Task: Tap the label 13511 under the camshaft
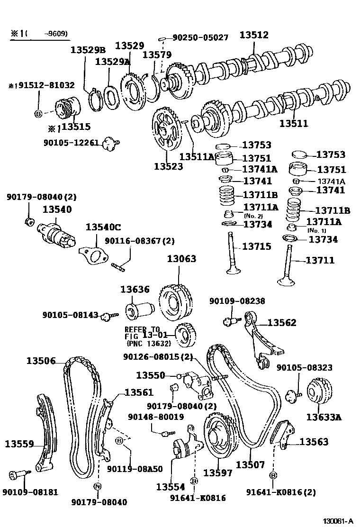[x=293, y=124]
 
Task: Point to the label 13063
[x=181, y=259]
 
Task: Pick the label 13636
[x=135, y=289]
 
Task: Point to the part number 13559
[x=19, y=444]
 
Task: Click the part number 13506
[x=41, y=361]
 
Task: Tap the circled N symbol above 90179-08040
[x=98, y=486]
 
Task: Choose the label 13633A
[x=324, y=417]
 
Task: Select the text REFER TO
[x=143, y=329]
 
